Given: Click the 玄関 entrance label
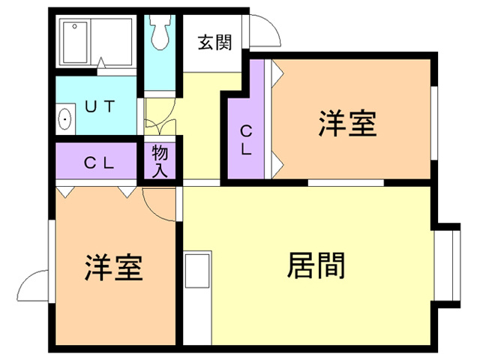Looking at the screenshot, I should [x=214, y=43].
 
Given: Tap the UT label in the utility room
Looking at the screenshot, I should [x=99, y=106].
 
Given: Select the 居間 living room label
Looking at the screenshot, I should [x=315, y=265].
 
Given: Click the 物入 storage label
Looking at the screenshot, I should [x=160, y=160].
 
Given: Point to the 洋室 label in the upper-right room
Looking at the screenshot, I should [x=346, y=124].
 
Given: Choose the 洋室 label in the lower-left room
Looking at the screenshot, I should [x=113, y=267].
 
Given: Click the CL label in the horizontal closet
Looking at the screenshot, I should [x=98, y=162].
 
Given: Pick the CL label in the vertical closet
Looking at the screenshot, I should [x=246, y=139].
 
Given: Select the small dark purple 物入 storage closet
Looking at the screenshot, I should [x=160, y=161].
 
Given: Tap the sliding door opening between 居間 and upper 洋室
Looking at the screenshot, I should [x=345, y=182].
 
